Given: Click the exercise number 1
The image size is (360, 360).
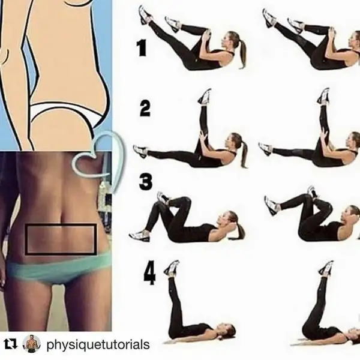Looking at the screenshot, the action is pyautogui.click(x=142, y=49).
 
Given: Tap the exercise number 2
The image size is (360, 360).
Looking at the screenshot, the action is pyautogui.click(x=145, y=108).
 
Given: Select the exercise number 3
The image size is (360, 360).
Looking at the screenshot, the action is pyautogui.click(x=146, y=182).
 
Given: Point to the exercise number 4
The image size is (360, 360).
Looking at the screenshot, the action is pyautogui.click(x=149, y=275).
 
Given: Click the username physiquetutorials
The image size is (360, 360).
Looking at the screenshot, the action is pyautogui.click(x=98, y=344).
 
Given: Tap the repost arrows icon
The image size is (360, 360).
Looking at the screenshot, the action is pyautogui.click(x=11, y=344).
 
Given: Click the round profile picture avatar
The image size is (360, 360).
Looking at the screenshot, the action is pyautogui.click(x=32, y=344).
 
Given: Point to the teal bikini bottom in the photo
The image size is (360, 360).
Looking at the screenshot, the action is pyautogui.click(x=58, y=268).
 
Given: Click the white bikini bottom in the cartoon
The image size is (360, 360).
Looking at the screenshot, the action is pyautogui.click(x=67, y=113).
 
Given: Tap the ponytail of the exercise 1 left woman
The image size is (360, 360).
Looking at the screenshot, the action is pyautogui.click(x=242, y=54).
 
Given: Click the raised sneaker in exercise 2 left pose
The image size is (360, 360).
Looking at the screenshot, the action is pyautogui.click(x=205, y=97).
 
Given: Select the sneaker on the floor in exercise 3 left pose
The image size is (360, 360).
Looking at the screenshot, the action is pyautogui.click(x=139, y=235).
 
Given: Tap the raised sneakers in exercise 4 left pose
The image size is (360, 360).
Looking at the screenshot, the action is pyautogui.click(x=172, y=268).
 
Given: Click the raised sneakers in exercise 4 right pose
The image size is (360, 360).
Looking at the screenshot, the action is pyautogui.click(x=325, y=269).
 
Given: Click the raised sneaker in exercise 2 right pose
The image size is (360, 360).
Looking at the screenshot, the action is pyautogui.click(x=324, y=97).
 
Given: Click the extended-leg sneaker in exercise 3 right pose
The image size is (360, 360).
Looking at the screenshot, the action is pyautogui.click(x=272, y=205).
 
